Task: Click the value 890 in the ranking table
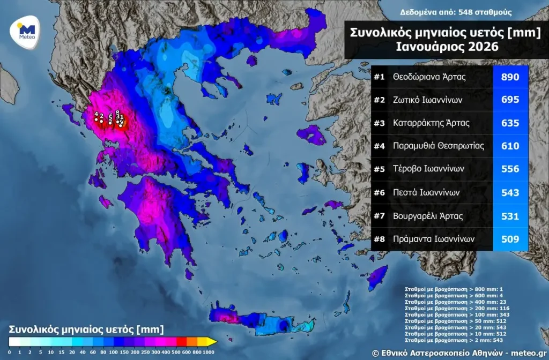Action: click(x=510, y=77)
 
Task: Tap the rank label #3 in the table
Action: click(x=380, y=123)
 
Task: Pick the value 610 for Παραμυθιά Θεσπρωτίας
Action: click(x=510, y=146)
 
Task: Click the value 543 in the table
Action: click(x=510, y=192)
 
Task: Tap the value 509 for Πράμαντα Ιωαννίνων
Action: click(x=510, y=239)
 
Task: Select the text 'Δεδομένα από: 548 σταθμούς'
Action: click(x=456, y=12)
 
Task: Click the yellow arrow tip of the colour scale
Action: click(x=212, y=341)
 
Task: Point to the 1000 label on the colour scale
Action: click(x=209, y=352)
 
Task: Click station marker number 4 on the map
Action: click(x=96, y=119)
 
